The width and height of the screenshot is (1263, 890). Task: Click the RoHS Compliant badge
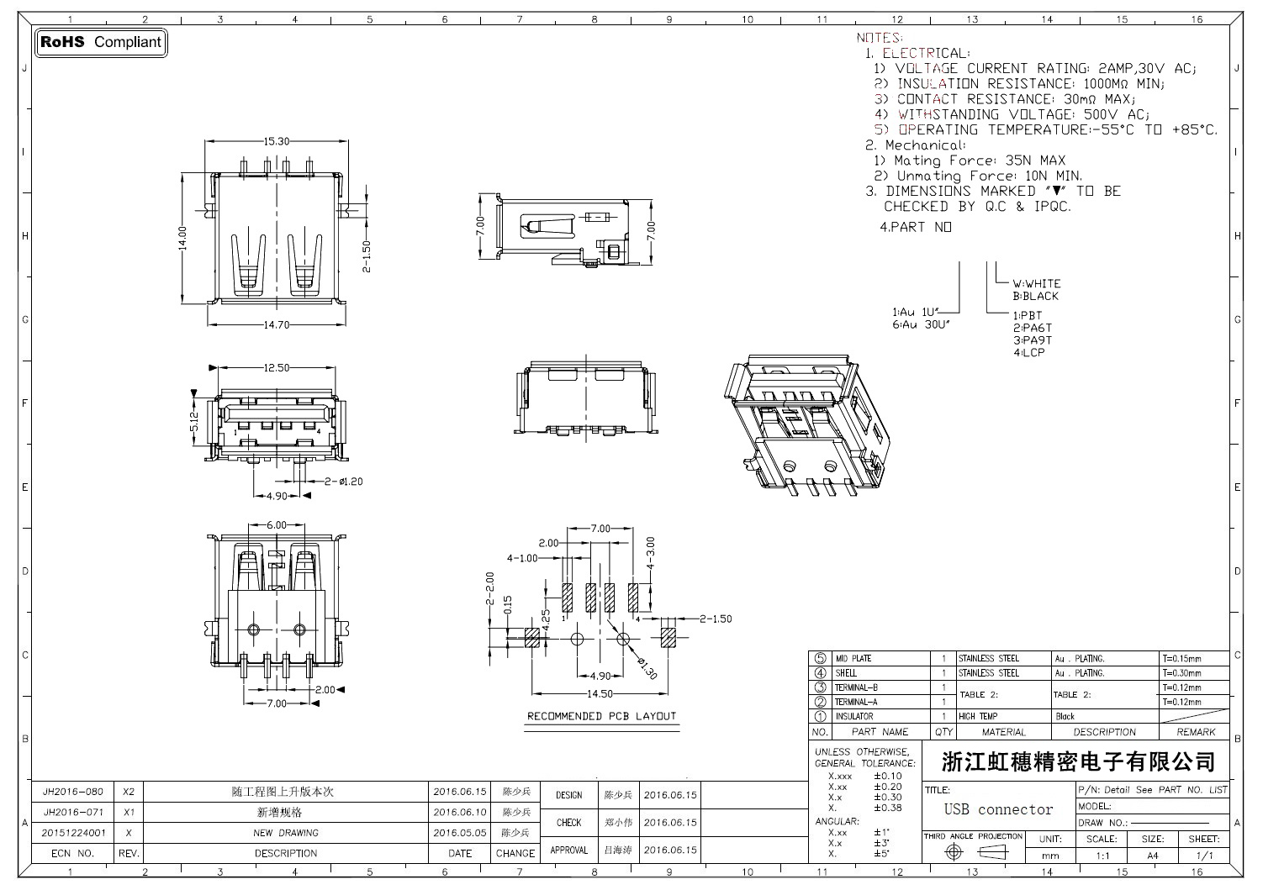tap(101, 42)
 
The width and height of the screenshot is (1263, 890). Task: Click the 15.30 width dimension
tap(277, 142)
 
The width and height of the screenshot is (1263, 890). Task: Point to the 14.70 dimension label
tap(277, 324)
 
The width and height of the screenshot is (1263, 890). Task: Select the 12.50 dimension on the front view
tap(277, 367)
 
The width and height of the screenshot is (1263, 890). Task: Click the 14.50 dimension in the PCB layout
tap(600, 694)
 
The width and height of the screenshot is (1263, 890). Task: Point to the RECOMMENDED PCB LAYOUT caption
tap(601, 716)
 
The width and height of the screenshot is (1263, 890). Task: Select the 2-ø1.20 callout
tap(343, 482)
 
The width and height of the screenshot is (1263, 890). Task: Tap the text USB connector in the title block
tap(998, 809)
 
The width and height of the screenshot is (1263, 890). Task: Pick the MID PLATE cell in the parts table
tap(853, 659)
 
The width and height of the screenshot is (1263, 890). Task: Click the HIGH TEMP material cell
tap(978, 717)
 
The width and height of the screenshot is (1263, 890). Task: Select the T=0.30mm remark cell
tap(1181, 673)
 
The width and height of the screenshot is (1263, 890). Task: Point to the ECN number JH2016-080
tap(73, 792)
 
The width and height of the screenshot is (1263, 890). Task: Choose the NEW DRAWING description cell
tap(286, 833)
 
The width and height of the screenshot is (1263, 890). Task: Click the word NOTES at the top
tap(879, 38)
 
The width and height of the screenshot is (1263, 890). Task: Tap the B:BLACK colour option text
tap(1035, 296)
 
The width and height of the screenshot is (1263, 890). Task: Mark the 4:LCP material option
tap(1029, 352)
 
